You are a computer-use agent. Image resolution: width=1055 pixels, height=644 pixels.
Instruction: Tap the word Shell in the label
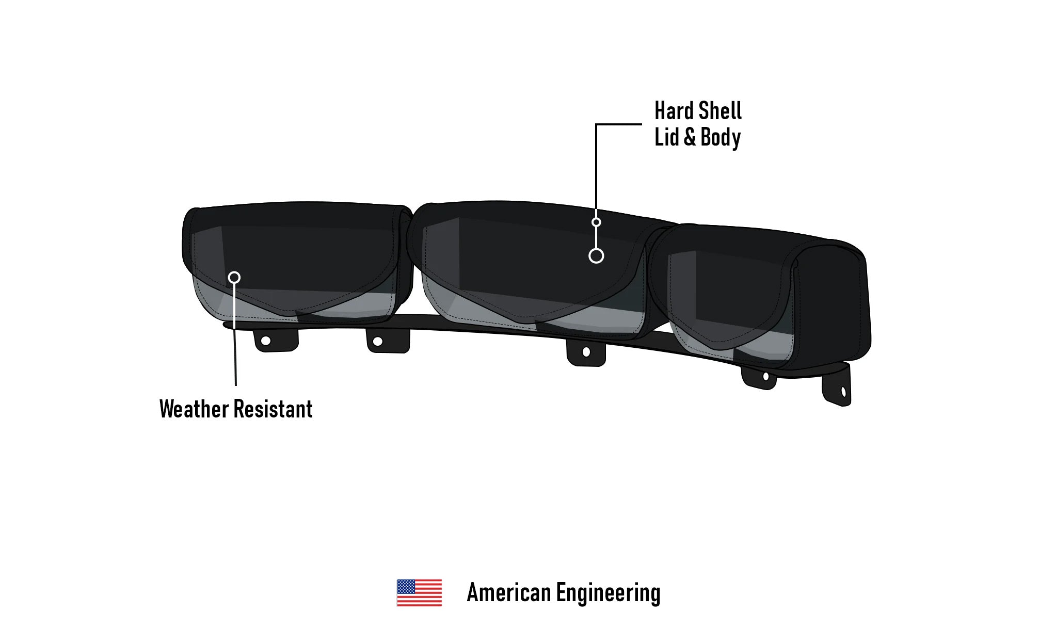click(x=720, y=111)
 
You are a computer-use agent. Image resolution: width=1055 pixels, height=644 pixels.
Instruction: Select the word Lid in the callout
click(x=667, y=137)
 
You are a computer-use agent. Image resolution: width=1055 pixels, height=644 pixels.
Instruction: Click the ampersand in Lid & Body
click(x=690, y=137)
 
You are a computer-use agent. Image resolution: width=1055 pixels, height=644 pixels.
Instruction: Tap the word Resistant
click(x=273, y=409)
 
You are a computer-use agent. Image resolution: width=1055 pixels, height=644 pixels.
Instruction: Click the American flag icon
click(x=419, y=592)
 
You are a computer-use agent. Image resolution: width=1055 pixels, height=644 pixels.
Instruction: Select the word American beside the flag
click(x=508, y=592)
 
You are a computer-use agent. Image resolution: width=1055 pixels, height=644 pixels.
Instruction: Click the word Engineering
click(x=609, y=594)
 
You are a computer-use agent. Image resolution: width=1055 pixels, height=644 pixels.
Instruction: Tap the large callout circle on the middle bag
click(x=596, y=256)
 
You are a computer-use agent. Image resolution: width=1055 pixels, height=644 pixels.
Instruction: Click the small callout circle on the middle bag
click(x=596, y=222)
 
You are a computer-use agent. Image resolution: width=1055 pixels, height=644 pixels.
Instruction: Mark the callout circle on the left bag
click(x=234, y=278)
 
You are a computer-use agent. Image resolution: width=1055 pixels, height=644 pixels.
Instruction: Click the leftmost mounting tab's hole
click(x=266, y=341)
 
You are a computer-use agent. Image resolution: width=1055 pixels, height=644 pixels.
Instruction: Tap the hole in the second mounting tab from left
click(x=378, y=342)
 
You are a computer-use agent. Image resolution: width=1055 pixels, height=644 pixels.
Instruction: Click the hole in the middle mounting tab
click(x=586, y=352)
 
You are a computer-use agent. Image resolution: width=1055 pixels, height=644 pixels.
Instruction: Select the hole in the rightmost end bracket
click(x=844, y=392)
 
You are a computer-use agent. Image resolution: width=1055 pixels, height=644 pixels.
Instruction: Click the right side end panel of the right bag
click(x=832, y=304)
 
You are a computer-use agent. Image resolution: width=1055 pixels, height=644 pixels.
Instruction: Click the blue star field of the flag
click(x=406, y=586)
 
